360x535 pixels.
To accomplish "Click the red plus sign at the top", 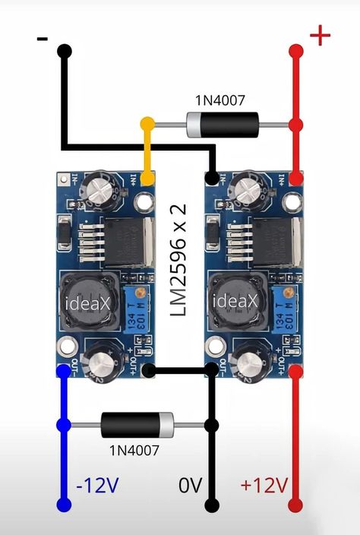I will coord(320,35).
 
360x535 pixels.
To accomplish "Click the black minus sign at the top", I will coord(43,40).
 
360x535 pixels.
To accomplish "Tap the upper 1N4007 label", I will coord(220,100).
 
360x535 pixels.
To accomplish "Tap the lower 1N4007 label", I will coord(134,450).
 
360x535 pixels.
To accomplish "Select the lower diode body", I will coord(137,425).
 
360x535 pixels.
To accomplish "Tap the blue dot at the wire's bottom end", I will coord(64,505).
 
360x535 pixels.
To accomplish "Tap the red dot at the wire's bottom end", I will coord(295,505).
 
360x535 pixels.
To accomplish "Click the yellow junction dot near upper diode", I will coord(147,123).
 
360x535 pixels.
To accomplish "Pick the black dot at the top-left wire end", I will coord(65,52).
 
